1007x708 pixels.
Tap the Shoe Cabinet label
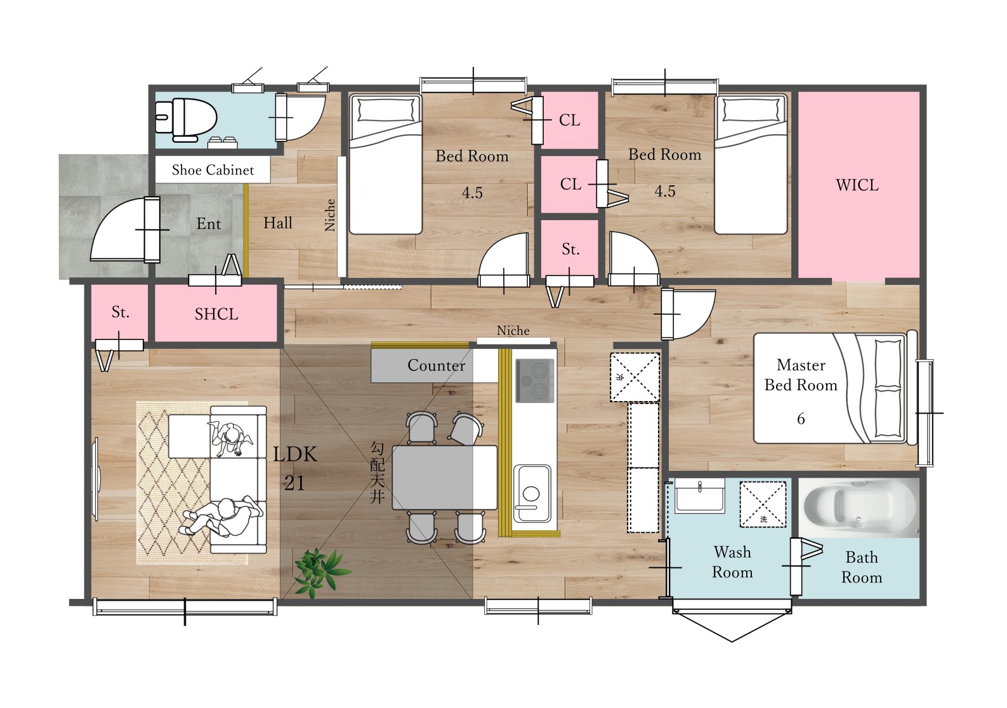pyautogui.click(x=213, y=170)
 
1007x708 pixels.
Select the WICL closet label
pyautogui.click(x=857, y=185)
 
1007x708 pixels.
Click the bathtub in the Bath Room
pyautogui.click(x=859, y=508)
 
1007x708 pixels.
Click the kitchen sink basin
pyautogui.click(x=532, y=493)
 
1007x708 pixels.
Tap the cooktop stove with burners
pyautogui.click(x=535, y=381)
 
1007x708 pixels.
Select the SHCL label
pyautogui.click(x=216, y=314)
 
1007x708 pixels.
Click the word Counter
pyautogui.click(x=436, y=365)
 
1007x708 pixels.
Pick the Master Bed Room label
pyautogui.click(x=801, y=375)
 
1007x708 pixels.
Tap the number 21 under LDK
pyautogui.click(x=294, y=483)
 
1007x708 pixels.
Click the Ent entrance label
pyautogui.click(x=209, y=223)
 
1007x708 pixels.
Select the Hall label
pyautogui.click(x=278, y=223)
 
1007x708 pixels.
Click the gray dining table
pyautogui.click(x=445, y=478)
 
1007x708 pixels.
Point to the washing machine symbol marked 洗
pyautogui.click(x=763, y=504)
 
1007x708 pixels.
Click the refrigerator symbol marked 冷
pyautogui.click(x=635, y=377)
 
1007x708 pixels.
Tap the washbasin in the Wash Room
pyautogui.click(x=699, y=495)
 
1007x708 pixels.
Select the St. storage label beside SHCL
pyautogui.click(x=120, y=311)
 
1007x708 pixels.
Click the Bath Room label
pyautogui.click(x=861, y=567)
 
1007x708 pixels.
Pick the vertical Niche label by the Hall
pyautogui.click(x=330, y=215)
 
